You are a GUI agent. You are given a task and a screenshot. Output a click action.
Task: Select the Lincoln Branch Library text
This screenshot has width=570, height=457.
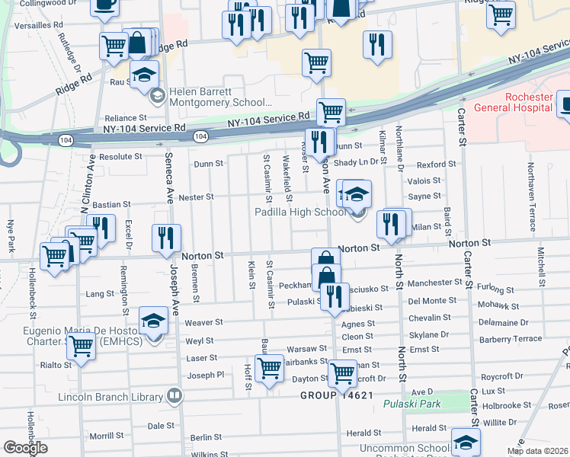coord(111,397)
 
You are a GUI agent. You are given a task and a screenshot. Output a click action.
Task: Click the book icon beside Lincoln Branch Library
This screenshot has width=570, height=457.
coord(175,396)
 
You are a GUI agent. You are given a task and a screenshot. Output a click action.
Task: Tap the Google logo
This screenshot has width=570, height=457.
coord(24,448)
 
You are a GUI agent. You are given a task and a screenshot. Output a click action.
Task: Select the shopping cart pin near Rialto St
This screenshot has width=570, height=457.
coord(81,347)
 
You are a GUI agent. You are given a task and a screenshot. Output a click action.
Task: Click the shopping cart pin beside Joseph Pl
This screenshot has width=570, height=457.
coord(269,369)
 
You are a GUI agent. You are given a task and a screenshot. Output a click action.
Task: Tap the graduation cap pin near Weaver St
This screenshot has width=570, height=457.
coord(153,321)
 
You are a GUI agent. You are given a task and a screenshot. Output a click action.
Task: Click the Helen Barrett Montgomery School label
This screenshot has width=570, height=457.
coord(220,96)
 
